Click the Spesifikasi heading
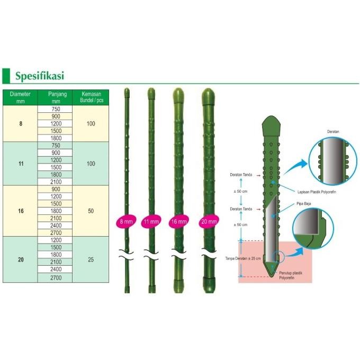coord(40,76)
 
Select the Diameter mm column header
coord(20,97)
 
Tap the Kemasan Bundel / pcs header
coord(91,97)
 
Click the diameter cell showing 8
coord(21,124)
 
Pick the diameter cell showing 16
coord(21,211)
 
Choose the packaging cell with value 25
coord(91,259)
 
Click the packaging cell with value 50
coord(91,211)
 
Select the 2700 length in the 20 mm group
coord(56,278)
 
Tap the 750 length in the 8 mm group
coord(56,109)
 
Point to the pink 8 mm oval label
coord(126,221)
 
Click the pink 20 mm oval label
coord(209,221)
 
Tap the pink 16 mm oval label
coord(179,221)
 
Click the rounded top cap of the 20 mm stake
coord(208,96)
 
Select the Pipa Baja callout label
coord(303,204)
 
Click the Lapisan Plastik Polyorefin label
coord(317,192)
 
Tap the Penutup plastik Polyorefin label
coord(291,275)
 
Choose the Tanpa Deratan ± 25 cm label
coord(243,258)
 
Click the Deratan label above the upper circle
coord(333,131)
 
